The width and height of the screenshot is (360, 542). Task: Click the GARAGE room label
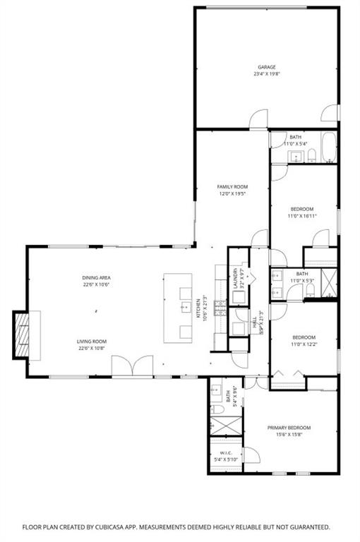point(265,68)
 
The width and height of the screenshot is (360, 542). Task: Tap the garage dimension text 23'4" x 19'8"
point(265,74)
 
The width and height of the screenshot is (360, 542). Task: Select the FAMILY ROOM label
point(232,187)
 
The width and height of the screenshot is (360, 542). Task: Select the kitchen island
point(178,308)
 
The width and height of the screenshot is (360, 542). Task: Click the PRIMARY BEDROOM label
point(288,428)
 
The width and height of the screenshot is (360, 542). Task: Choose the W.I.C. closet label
point(226,453)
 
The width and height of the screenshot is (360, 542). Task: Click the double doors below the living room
point(131,366)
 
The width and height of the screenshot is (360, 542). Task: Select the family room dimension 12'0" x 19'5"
point(232,193)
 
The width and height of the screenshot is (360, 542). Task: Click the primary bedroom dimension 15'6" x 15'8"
point(288,435)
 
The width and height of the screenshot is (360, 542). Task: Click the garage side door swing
point(330,114)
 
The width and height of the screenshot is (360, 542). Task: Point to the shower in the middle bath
point(328,282)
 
